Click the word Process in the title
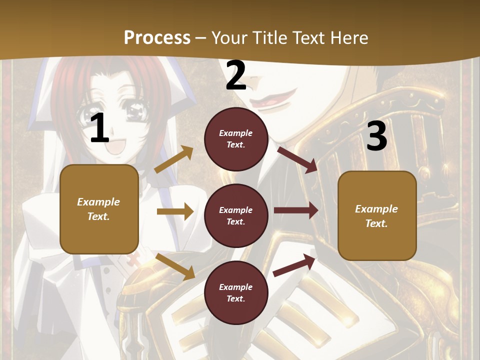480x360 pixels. (157, 37)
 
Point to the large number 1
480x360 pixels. (99, 128)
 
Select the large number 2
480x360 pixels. (236, 75)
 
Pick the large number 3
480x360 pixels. (376, 136)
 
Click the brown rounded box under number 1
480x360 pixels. (99, 209)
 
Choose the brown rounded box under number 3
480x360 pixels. (377, 215)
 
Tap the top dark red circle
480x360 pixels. (236, 138)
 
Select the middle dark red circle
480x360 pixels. (236, 215)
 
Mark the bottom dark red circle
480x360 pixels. (236, 292)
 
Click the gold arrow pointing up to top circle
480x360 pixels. (174, 159)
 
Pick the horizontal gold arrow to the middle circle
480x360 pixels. (175, 211)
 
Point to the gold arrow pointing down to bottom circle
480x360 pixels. (175, 266)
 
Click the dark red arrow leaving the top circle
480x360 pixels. (297, 159)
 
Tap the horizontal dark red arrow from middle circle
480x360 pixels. (296, 210)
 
